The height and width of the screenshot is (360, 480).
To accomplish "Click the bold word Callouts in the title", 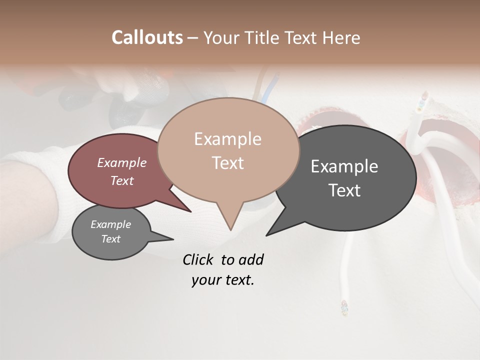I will (147, 37).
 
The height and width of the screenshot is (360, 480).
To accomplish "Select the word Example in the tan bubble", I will (227, 139).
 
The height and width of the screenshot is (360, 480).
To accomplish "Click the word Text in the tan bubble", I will (227, 163).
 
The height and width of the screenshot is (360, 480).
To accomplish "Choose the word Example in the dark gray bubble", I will (344, 166).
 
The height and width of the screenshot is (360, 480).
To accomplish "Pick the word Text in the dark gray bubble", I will (344, 190).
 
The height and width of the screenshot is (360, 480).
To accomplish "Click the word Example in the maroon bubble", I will (122, 162).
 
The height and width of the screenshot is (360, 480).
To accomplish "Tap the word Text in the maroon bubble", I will (122, 180).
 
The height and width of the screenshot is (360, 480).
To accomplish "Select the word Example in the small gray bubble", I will (111, 224).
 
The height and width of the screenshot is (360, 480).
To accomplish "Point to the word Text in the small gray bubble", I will (111, 239).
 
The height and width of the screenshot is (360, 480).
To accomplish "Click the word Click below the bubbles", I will (199, 259).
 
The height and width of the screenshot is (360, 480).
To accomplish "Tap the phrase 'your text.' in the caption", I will (223, 280).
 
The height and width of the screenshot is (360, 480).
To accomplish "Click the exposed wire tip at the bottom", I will (343, 307).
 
